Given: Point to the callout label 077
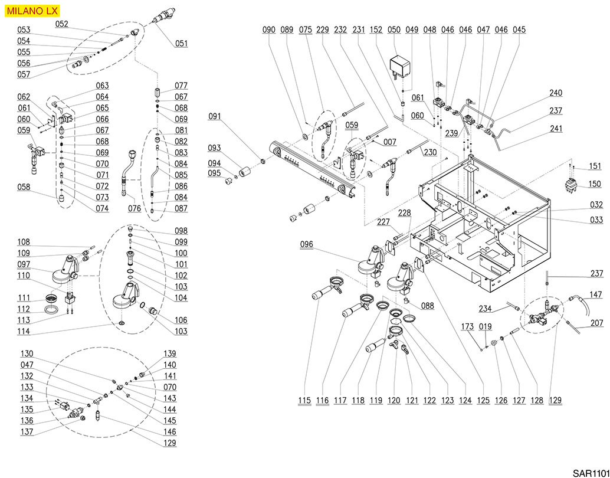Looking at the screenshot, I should (x=181, y=86).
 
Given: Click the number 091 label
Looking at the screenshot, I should (x=215, y=117).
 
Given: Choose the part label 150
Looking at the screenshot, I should (x=595, y=185).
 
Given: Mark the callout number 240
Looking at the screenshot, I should (x=556, y=93).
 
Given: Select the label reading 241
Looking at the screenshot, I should (x=556, y=129).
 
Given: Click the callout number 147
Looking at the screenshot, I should (x=596, y=294).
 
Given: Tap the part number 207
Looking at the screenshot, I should (x=596, y=323).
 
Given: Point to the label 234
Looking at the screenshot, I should (x=485, y=309).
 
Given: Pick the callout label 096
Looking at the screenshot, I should (x=306, y=244).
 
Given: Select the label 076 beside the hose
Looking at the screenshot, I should (x=135, y=208).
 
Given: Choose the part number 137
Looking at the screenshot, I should (x=27, y=432).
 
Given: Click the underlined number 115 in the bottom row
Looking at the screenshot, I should (x=304, y=401).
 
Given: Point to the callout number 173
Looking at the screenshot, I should (x=468, y=326).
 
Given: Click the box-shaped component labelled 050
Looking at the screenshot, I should (x=402, y=64).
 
